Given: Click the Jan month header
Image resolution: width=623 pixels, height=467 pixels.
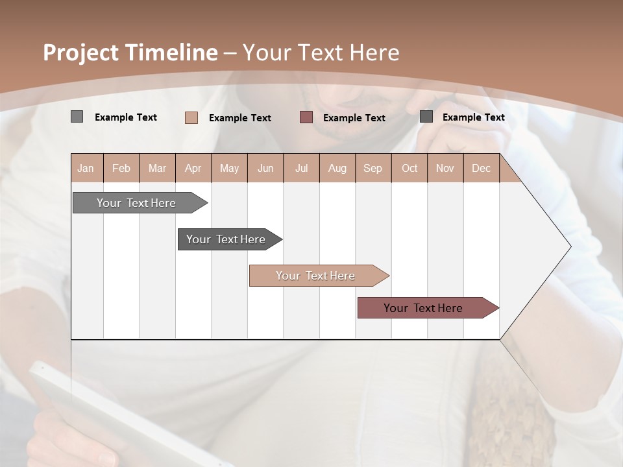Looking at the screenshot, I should click(86, 168).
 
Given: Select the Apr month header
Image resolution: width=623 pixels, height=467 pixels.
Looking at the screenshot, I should click(193, 168).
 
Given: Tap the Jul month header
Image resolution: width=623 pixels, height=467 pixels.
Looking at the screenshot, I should click(301, 168).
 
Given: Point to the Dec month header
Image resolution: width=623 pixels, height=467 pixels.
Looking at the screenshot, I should click(481, 168).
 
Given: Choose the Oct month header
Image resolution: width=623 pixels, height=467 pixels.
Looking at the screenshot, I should click(409, 168).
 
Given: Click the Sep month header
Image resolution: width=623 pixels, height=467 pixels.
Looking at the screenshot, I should click(373, 168).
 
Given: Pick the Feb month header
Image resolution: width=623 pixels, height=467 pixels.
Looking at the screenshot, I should click(121, 168).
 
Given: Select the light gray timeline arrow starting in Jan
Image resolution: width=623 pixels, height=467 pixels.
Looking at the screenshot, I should click(136, 203).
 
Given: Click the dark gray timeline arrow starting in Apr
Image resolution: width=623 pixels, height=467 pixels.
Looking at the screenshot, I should click(226, 239).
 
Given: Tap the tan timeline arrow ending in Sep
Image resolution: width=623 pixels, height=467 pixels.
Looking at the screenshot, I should click(315, 276).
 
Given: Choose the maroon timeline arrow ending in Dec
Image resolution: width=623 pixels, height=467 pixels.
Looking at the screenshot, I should click(423, 308).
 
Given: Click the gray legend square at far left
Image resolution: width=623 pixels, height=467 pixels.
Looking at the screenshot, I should click(77, 117).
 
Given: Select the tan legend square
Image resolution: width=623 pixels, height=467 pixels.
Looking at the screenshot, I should click(191, 117).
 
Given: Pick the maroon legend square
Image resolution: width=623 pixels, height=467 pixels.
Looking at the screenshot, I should click(306, 117).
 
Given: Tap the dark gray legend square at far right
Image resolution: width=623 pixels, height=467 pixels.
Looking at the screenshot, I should click(426, 116).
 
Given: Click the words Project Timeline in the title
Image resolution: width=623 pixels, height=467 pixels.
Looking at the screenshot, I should click(130, 53).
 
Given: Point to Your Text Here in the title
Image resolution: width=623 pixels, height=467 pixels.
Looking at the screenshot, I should click(321, 53).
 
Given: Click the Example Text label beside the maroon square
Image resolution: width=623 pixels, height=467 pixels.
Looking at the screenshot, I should click(354, 117).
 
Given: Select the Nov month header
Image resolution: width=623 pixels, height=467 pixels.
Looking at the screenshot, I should click(445, 168).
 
